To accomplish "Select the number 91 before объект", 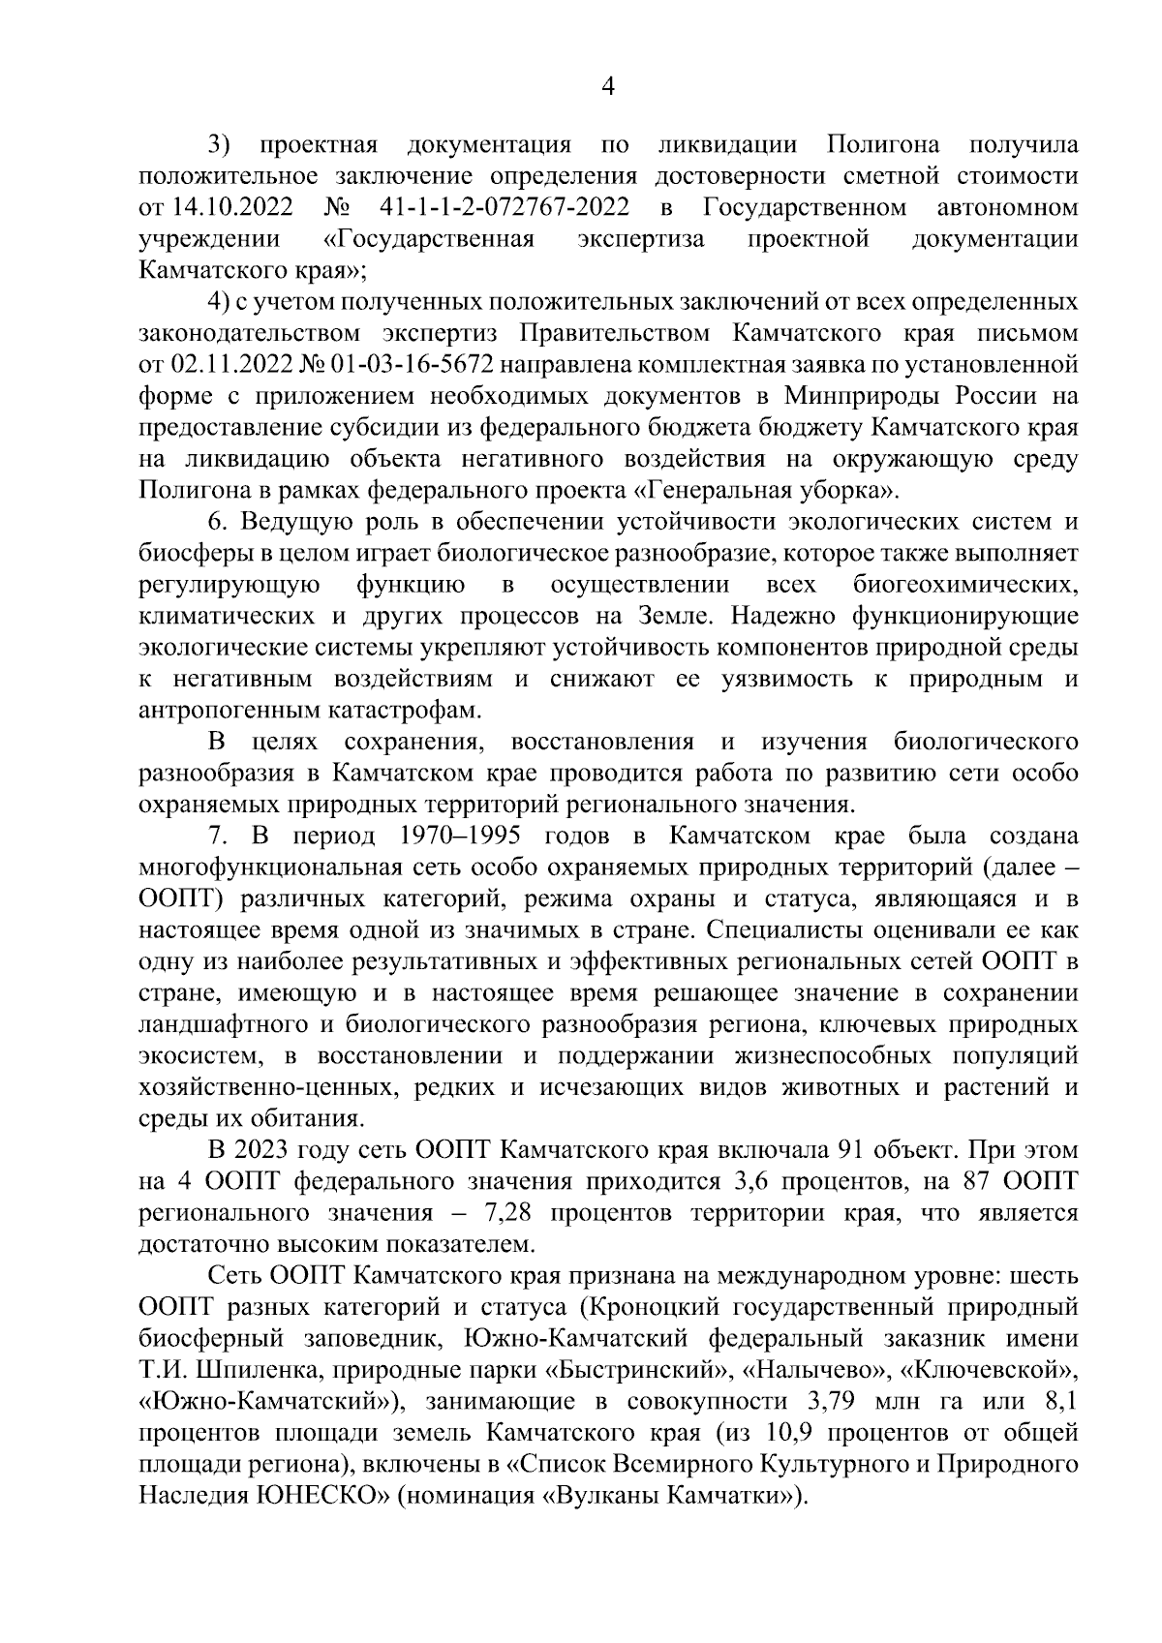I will pos(887,1150).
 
